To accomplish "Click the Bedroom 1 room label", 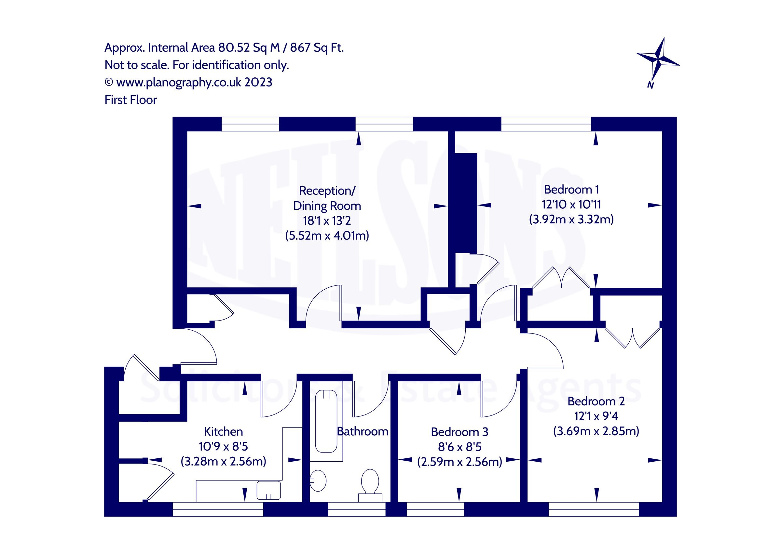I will [571, 189].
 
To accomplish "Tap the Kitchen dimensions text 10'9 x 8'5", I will [223, 446].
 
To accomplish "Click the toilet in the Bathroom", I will [370, 482].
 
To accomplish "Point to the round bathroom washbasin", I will [318, 480].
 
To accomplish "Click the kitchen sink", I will [269, 490].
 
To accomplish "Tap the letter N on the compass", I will [651, 85].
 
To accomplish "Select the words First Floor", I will [130, 100].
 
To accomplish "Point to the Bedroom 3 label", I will [459, 432].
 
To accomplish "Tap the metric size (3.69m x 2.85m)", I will [596, 431].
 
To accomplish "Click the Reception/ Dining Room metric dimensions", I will [327, 236].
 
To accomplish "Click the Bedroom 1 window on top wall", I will [546, 124].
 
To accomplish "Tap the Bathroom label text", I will [363, 431].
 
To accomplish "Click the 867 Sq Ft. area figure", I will [317, 47].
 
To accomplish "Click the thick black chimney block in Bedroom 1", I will [466, 203].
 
